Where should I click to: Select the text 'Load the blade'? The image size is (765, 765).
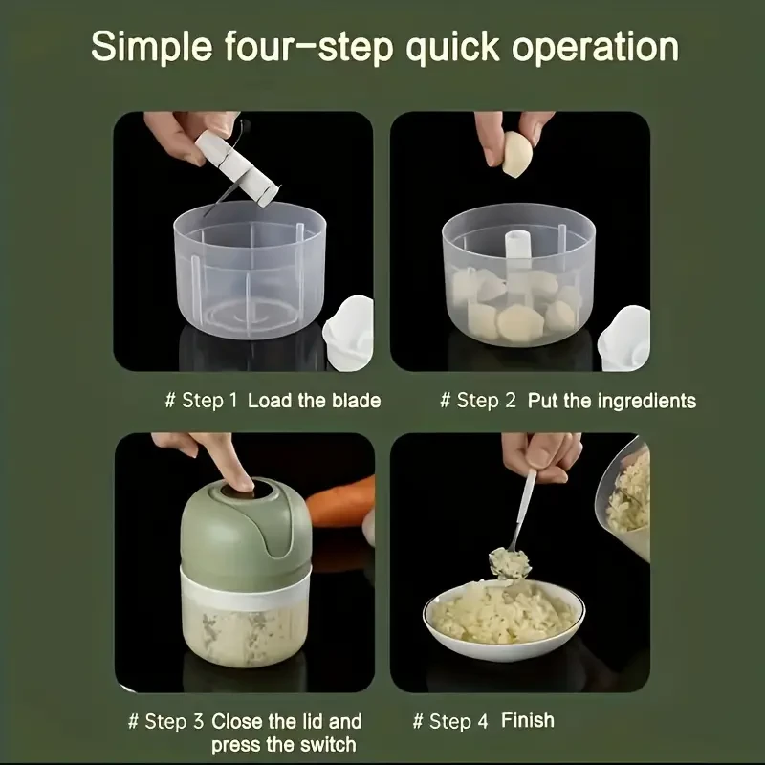click(314, 400)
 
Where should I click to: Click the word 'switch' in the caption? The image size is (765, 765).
click(322, 744)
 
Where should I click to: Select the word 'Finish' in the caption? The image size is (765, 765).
click(527, 720)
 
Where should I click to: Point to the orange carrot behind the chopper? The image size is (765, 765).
click(339, 507)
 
